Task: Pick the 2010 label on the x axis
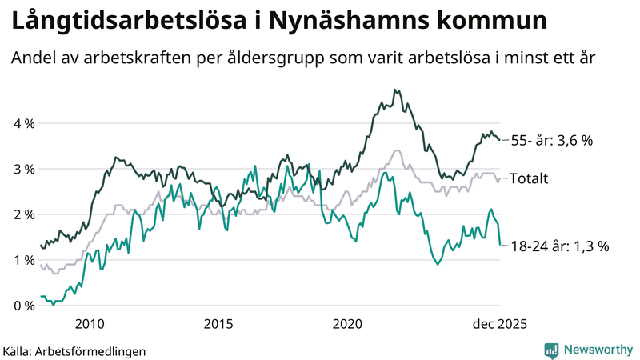(89, 323)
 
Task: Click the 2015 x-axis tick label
(218, 323)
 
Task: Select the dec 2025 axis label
(499, 323)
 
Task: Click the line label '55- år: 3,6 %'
(551, 140)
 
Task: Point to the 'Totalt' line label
(529, 178)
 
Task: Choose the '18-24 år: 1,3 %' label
(559, 246)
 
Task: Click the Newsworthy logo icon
(551, 350)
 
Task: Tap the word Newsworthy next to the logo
(597, 350)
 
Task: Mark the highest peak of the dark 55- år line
(395, 90)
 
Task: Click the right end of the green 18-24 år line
(500, 245)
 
